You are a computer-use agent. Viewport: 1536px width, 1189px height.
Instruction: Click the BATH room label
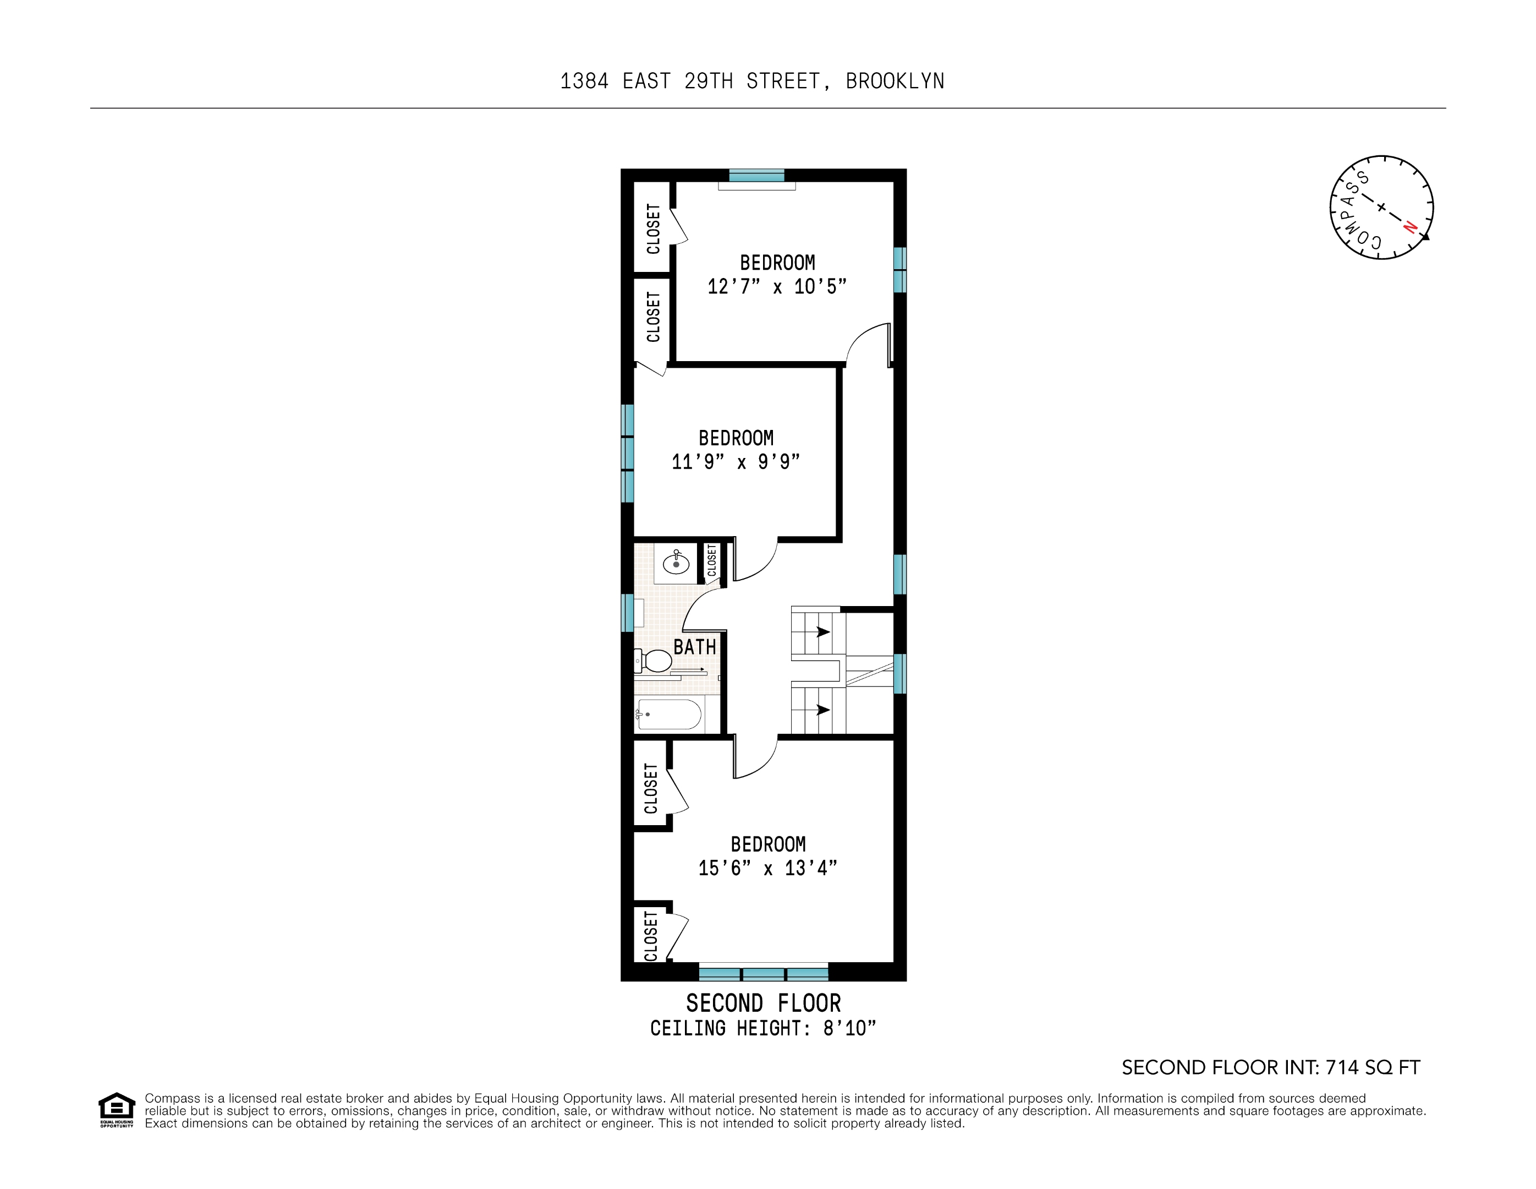click(694, 647)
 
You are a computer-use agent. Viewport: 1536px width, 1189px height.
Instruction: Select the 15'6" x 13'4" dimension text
click(767, 868)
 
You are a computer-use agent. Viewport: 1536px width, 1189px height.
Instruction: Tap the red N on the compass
click(1409, 227)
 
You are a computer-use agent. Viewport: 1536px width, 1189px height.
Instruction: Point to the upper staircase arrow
click(823, 632)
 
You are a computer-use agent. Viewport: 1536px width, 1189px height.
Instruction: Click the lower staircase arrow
click(823, 710)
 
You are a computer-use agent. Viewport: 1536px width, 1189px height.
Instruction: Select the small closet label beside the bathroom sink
click(712, 561)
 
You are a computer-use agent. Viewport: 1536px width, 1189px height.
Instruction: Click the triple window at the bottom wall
click(763, 974)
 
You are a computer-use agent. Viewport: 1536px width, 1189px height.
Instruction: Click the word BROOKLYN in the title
click(895, 81)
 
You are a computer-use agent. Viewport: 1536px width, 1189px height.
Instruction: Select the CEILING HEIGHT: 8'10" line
click(763, 1029)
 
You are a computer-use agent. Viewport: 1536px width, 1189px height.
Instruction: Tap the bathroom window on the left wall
click(627, 613)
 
